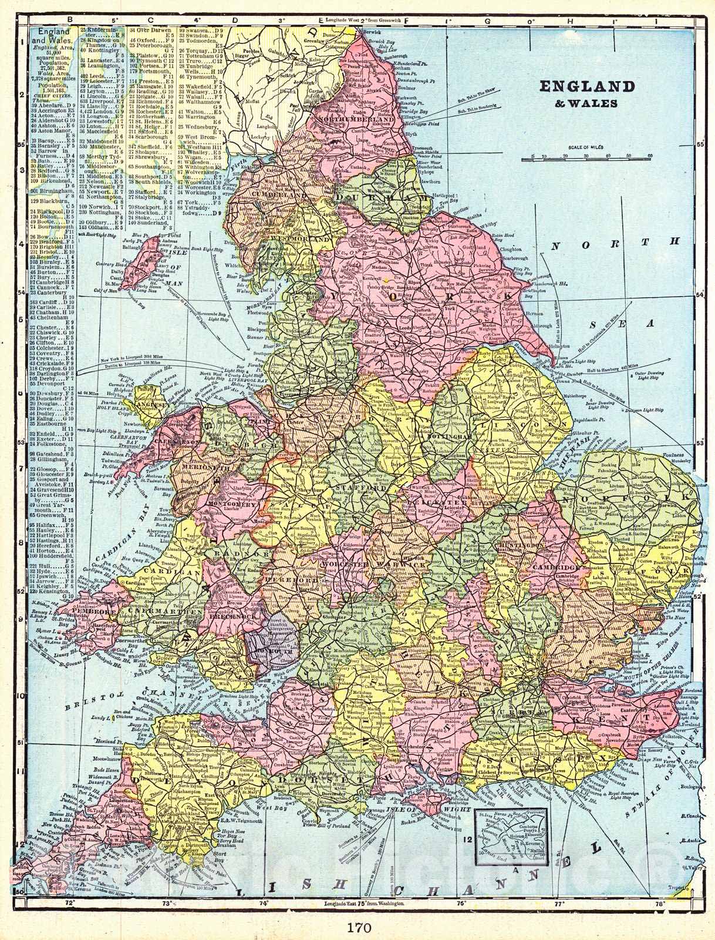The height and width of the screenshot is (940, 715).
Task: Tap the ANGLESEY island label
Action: (x=152, y=405)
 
